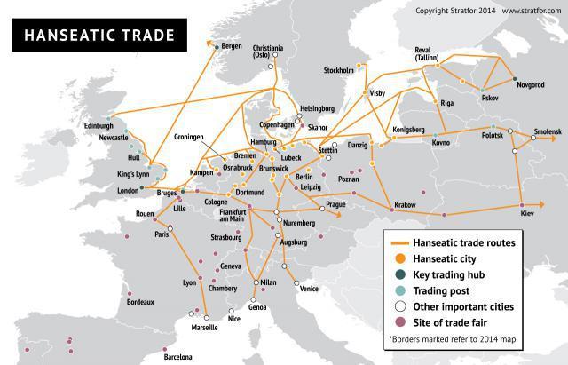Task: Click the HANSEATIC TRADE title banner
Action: pyautogui.click(x=94, y=36)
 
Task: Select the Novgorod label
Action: pyautogui.click(x=528, y=86)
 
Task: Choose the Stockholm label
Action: pyautogui.click(x=339, y=69)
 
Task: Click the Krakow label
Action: pyautogui.click(x=405, y=205)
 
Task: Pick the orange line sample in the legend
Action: pyautogui.click(x=396, y=242)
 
